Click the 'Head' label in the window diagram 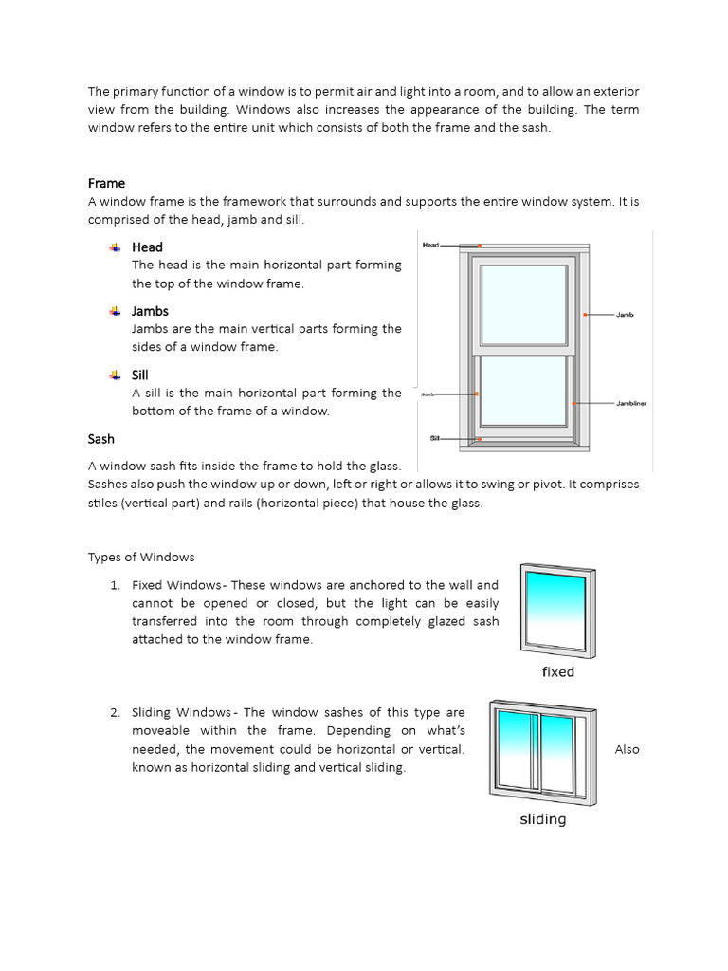click(x=430, y=245)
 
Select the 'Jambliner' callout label click(x=631, y=403)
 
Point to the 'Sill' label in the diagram click(x=434, y=439)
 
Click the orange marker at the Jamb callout click(x=586, y=314)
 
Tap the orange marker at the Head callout click(x=480, y=246)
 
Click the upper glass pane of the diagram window click(x=525, y=305)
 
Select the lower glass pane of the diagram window click(x=525, y=390)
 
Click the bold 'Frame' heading click(x=106, y=183)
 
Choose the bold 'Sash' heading click(x=101, y=439)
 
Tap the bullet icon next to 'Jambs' click(x=115, y=311)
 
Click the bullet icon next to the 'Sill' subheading click(x=115, y=375)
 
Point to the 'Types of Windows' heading click(x=141, y=557)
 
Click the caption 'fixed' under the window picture click(x=558, y=671)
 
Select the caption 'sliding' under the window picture click(x=542, y=818)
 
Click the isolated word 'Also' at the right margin click(x=627, y=749)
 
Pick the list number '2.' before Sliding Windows click(x=115, y=712)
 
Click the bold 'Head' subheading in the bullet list click(x=147, y=247)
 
